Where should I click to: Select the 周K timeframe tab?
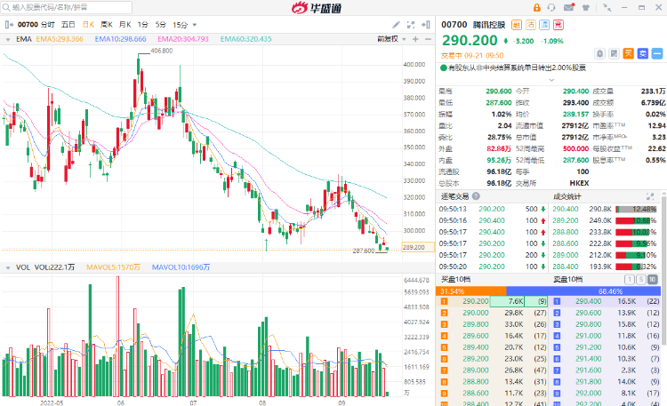[107, 25]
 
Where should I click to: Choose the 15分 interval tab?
[181, 25]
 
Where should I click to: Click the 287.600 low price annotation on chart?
[363, 251]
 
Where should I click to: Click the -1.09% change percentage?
[553, 41]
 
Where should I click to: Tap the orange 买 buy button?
[627, 52]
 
